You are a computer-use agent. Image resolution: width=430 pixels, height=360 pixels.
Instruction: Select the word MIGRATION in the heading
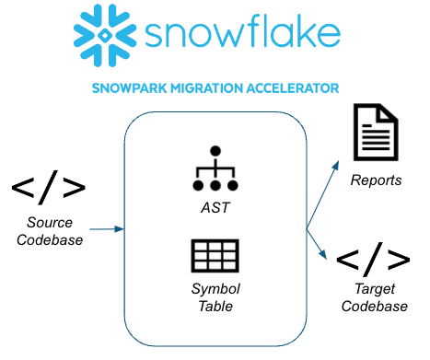point(207,89)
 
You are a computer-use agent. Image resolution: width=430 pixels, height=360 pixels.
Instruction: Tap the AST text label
point(215,208)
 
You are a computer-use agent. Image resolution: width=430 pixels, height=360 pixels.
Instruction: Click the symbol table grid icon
point(215,257)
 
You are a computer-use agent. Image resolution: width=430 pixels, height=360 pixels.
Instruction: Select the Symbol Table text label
point(215,299)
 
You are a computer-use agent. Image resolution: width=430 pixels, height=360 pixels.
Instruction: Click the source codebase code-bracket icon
point(49,188)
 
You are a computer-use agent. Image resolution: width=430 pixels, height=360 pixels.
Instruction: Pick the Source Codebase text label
point(49,232)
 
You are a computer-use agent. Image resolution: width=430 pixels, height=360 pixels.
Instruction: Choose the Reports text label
point(376,180)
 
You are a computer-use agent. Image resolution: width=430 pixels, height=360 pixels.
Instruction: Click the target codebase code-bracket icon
point(373,259)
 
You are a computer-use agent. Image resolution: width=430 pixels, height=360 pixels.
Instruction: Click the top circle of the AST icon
point(215,150)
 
